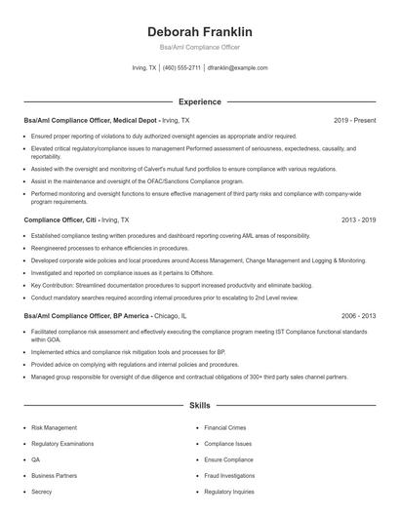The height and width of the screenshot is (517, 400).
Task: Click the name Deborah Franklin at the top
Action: tap(199, 31)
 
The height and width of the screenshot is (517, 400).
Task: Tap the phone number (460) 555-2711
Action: tap(182, 68)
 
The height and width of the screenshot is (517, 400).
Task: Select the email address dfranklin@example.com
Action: tap(238, 68)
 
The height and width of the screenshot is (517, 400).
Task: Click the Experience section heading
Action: tap(199, 101)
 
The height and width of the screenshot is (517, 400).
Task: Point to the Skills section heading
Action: tap(199, 404)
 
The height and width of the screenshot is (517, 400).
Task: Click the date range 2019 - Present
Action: tap(354, 120)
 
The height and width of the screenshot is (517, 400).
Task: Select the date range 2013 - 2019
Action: tap(358, 220)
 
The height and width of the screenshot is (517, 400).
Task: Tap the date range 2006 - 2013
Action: tap(358, 316)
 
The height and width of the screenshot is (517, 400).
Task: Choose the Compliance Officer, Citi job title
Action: tap(60, 220)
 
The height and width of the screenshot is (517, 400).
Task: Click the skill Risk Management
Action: tap(54, 427)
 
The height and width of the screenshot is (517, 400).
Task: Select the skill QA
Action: tap(36, 458)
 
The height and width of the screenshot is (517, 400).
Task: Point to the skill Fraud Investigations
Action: tap(229, 475)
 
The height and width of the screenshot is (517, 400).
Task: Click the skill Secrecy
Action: tap(42, 492)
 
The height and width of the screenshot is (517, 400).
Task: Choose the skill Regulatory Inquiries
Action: tap(229, 492)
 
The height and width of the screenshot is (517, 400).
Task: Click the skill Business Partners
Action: tap(55, 475)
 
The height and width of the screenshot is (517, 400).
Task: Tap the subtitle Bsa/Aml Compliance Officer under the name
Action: tap(199, 47)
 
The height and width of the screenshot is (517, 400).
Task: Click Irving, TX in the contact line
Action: tap(144, 68)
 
